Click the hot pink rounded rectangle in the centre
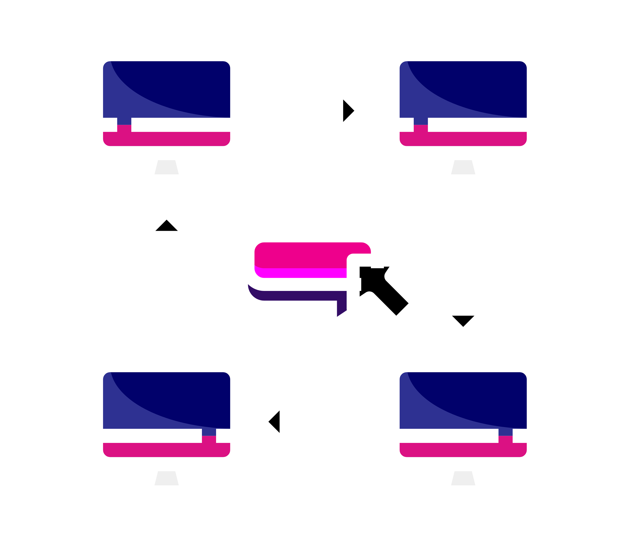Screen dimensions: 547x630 click(x=300, y=255)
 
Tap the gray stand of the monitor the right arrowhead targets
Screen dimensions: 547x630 click(x=463, y=167)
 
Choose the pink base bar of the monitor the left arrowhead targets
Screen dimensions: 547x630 click(x=166, y=450)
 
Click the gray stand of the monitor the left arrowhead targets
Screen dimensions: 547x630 click(x=166, y=478)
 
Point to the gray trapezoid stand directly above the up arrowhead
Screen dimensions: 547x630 click(x=166, y=167)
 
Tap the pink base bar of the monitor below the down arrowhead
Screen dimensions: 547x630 click(x=463, y=450)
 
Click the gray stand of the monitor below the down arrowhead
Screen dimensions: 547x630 click(x=463, y=478)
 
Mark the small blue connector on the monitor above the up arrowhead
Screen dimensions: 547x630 click(x=124, y=121)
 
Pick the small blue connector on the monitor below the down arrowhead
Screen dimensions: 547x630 click(x=505, y=432)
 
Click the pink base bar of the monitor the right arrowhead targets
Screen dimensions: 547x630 click(x=463, y=139)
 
